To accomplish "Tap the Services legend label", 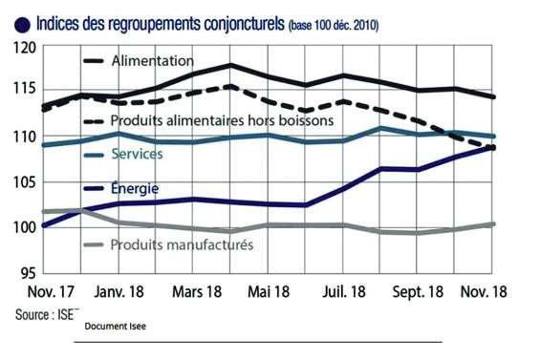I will point(137,153).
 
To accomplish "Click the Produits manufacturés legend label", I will point(182,245).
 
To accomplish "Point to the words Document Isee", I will point(115,327).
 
